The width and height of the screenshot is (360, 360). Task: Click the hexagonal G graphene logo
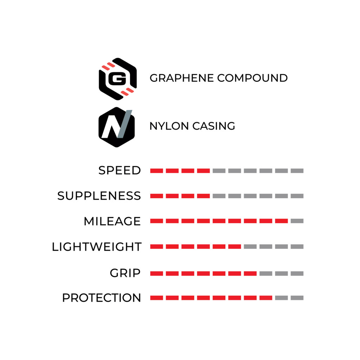point(117,79)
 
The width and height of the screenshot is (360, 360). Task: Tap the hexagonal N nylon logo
point(117,127)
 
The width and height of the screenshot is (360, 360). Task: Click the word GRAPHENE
point(182,78)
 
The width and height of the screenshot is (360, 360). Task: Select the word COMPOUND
point(252,78)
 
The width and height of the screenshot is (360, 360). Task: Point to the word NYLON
point(169,126)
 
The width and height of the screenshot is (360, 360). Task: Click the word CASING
point(214,126)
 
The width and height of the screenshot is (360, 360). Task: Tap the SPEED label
point(120,171)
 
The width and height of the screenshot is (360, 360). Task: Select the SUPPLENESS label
point(99,196)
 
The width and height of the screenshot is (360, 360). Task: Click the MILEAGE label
point(112,221)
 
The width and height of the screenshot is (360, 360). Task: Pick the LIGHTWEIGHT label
point(97,247)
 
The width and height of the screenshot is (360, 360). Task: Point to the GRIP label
point(125,273)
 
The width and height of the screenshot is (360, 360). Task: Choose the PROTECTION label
point(102,298)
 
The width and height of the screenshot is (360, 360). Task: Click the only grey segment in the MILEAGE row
point(297,221)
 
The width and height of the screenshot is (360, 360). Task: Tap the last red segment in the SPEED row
point(204,171)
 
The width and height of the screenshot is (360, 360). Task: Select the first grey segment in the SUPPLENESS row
point(219,196)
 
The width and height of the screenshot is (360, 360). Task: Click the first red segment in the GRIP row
point(156,274)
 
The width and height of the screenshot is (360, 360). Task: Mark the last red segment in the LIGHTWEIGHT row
point(234,246)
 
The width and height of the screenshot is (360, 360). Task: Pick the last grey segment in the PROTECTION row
point(297,298)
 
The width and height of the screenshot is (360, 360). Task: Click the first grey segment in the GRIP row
point(266,274)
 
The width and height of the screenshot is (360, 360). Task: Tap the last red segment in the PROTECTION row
point(266,298)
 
